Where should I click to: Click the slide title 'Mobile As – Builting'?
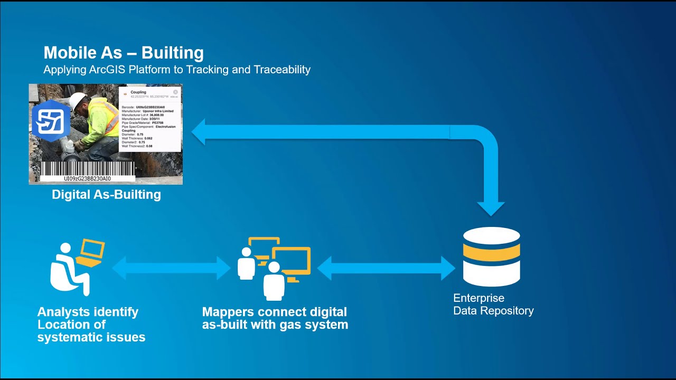(123, 53)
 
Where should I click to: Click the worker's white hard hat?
(77, 100)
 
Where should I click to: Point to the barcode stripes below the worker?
(88, 168)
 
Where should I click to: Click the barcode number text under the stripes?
(88, 179)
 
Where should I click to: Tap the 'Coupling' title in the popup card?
(138, 92)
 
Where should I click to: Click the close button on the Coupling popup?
(175, 92)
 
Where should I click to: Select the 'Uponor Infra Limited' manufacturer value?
(158, 111)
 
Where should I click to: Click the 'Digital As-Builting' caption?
(106, 195)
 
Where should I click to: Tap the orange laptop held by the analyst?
(91, 252)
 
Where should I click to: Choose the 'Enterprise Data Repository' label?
(493, 305)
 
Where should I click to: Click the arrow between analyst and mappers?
(172, 268)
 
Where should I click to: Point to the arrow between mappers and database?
(386, 268)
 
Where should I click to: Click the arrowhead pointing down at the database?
(491, 208)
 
